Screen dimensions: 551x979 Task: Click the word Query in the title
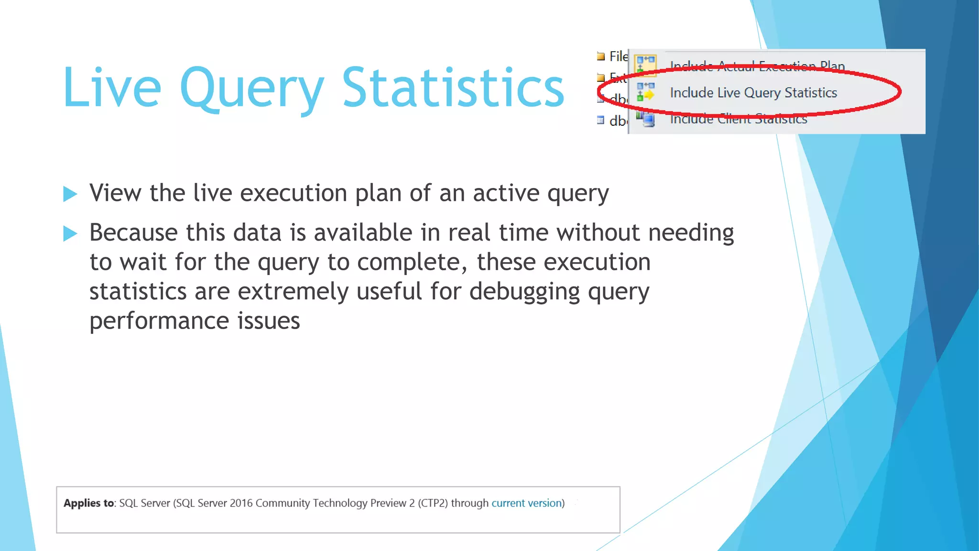251,90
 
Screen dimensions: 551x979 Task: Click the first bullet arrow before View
70,194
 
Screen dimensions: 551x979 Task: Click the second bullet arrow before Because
70,233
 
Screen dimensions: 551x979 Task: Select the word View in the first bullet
115,193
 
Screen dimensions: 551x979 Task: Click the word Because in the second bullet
133,233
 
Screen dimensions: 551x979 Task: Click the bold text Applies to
89,503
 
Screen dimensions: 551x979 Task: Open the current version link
526,503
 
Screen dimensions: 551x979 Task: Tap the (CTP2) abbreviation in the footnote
433,503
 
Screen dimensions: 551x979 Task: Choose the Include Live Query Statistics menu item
753,93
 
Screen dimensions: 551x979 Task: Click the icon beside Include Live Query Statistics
645,92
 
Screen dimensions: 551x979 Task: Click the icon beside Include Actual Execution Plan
645,64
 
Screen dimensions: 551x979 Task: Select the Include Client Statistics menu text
738,119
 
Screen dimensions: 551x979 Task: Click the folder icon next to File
601,56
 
